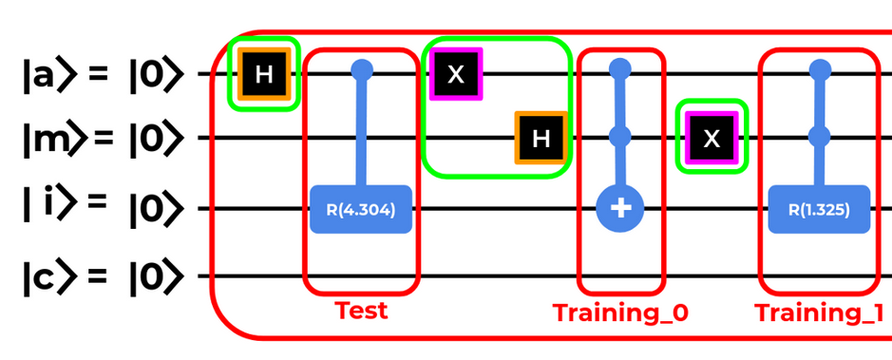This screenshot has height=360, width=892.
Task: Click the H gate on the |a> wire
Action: (x=263, y=74)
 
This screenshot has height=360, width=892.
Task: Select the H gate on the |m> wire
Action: (x=541, y=138)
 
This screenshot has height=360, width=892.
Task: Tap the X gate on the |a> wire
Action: (x=456, y=74)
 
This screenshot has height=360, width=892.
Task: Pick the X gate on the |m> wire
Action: (x=712, y=138)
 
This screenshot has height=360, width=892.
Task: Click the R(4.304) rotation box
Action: (x=361, y=209)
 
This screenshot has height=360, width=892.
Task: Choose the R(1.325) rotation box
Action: (x=819, y=209)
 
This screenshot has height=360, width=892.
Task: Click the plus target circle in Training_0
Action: (x=620, y=209)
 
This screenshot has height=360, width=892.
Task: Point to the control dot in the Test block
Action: (x=362, y=70)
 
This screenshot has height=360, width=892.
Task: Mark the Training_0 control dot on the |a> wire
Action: (x=620, y=69)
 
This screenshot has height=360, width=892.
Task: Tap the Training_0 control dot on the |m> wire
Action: (x=620, y=137)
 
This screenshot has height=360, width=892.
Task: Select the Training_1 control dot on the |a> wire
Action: (x=820, y=70)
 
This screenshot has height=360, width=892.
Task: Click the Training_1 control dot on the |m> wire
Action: (x=820, y=137)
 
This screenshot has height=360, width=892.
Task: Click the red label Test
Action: (x=361, y=311)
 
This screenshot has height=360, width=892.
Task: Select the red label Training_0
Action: (x=620, y=313)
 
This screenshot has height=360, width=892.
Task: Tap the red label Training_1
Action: (x=819, y=313)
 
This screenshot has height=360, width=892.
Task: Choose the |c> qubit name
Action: (x=49, y=277)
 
